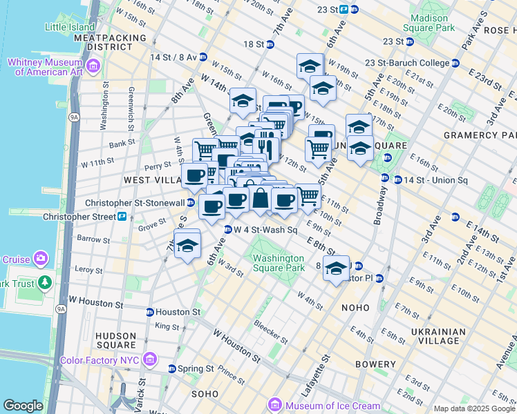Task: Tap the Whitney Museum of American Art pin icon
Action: (93, 66)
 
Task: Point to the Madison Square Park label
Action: (433, 23)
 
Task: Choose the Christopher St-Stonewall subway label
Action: (135, 203)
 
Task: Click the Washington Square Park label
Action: (278, 263)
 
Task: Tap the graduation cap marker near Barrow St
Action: (187, 246)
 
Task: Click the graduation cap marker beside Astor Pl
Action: (336, 268)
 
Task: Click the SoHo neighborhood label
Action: (205, 393)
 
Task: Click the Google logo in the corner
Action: (22, 406)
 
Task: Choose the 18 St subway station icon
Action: (270, 44)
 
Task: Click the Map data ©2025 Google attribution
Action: (474, 408)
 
